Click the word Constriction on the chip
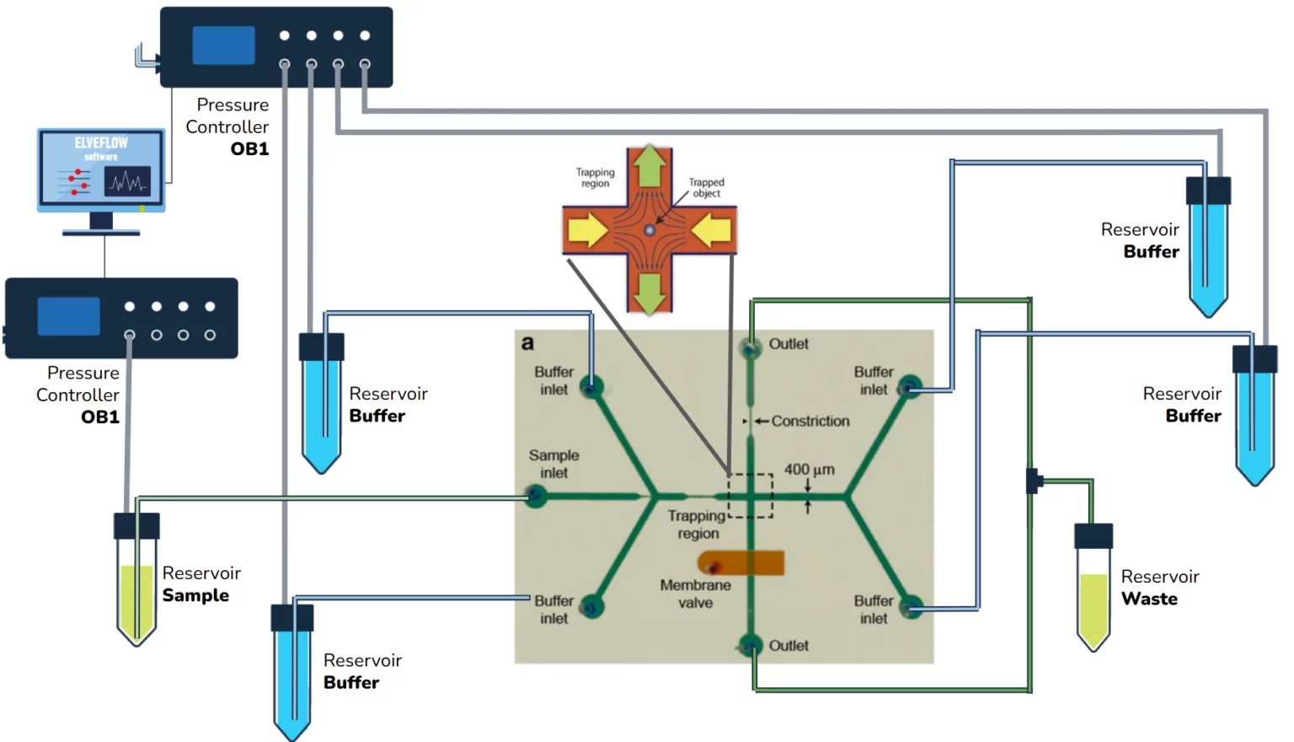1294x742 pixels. pos(810,421)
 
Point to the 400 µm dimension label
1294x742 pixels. pos(809,470)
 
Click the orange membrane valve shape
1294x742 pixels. pos(741,563)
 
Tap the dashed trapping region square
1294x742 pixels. pos(750,496)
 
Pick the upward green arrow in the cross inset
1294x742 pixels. pos(650,168)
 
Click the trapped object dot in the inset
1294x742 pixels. pos(650,230)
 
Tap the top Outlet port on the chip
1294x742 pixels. pos(750,347)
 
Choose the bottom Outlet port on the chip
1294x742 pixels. pos(750,645)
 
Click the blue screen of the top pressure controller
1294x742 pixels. pos(223,46)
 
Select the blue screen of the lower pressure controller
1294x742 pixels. pos(68,317)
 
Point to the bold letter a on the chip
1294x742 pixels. pos(527,343)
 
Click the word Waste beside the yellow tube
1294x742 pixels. pos(1149,599)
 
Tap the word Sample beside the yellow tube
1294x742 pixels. pos(195,595)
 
